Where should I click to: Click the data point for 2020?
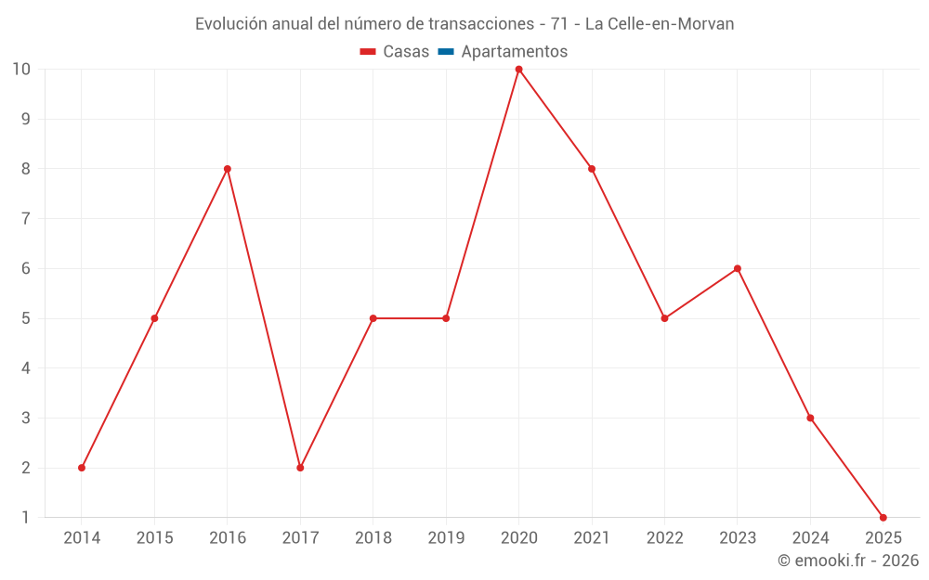pos(518,70)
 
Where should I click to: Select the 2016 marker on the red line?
pos(228,169)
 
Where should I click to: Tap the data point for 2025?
pos(883,517)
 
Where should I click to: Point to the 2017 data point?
pos(300,468)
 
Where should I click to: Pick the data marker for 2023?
pos(737,269)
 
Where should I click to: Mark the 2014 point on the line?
pos(82,468)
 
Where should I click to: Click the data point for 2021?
pos(592,169)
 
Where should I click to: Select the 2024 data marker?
pos(810,418)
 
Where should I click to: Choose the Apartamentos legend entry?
pos(514,52)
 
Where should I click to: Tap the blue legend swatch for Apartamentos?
pos(446,52)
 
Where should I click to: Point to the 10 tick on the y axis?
pos(21,70)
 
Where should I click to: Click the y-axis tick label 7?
pos(26,219)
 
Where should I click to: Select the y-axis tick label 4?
pos(26,368)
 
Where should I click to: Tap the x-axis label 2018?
pos(373,538)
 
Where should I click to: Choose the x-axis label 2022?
pos(664,538)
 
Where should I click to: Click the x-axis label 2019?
pos(446,538)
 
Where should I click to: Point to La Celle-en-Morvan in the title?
pos(660,24)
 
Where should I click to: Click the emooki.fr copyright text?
pos(848,561)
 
